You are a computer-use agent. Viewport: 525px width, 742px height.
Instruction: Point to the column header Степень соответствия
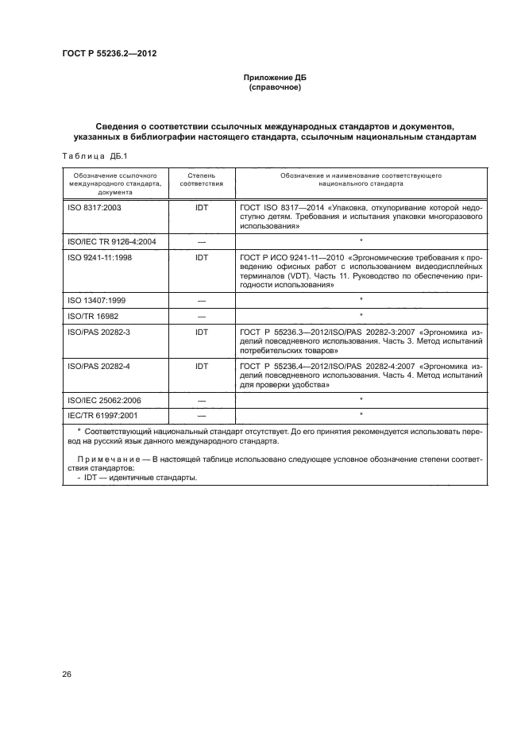pyautogui.click(x=201, y=179)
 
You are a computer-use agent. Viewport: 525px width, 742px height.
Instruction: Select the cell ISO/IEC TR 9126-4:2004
pyautogui.click(x=111, y=241)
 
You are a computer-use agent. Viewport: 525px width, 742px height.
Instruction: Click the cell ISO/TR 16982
pyautogui.click(x=89, y=315)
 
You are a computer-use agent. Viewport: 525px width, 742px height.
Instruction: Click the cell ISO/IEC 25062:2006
pyautogui.click(x=104, y=400)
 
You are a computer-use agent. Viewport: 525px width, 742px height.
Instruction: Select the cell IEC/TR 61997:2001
pyautogui.click(x=102, y=415)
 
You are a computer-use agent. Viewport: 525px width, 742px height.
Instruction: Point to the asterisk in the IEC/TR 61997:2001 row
pyautogui.click(x=361, y=415)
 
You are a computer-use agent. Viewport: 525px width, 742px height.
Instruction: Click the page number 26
pyautogui.click(x=67, y=675)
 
